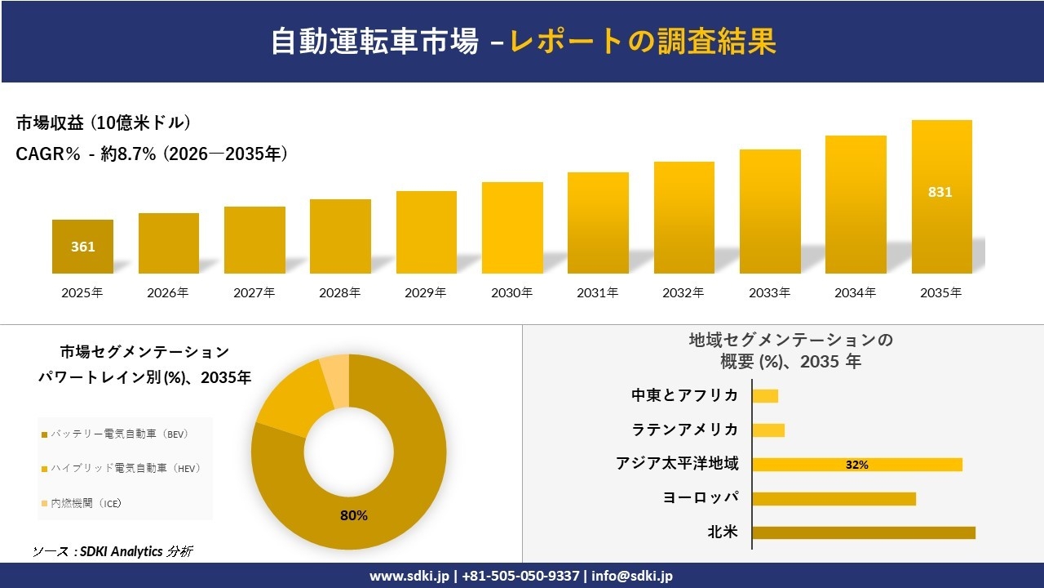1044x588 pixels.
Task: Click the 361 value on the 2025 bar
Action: click(x=82, y=247)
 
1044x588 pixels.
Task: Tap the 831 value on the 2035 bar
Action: click(x=940, y=193)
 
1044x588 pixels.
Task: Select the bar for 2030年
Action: click(x=512, y=228)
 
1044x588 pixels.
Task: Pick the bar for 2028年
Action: click(x=340, y=237)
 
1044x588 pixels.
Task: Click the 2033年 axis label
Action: click(x=769, y=292)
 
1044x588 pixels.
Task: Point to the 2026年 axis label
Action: click(x=168, y=292)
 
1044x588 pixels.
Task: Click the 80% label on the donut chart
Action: click(x=353, y=515)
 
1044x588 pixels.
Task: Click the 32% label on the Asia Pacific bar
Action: click(x=856, y=465)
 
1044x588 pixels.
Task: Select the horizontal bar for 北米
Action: click(x=863, y=533)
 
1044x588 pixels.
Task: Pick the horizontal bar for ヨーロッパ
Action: click(x=834, y=499)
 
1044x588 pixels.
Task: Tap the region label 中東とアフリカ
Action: click(x=684, y=395)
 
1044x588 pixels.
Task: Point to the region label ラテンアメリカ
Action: click(x=684, y=430)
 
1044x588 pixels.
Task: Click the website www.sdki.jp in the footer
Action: click(x=410, y=576)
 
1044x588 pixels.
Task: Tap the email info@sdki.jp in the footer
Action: click(x=633, y=576)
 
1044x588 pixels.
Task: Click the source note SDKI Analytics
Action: click(x=118, y=551)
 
